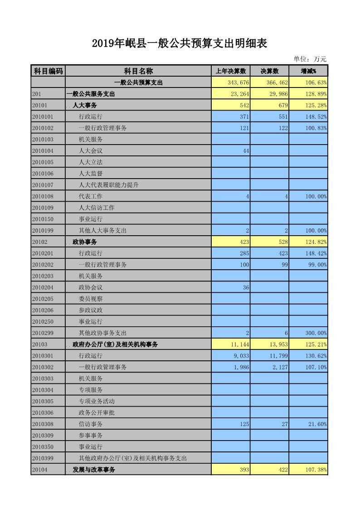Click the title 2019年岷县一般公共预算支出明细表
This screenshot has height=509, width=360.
point(179,44)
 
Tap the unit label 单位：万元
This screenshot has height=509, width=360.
point(310,59)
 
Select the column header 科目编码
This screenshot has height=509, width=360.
point(48,71)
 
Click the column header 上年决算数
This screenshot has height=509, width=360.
point(230,71)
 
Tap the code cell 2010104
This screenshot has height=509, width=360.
point(43,151)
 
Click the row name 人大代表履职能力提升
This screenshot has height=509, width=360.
point(108,185)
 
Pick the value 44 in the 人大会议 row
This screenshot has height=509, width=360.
point(246,151)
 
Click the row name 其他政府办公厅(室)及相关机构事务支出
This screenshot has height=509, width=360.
point(133,458)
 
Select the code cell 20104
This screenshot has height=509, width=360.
point(40,470)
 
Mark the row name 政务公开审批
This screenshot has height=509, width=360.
point(97,412)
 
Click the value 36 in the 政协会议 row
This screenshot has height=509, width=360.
point(246,287)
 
